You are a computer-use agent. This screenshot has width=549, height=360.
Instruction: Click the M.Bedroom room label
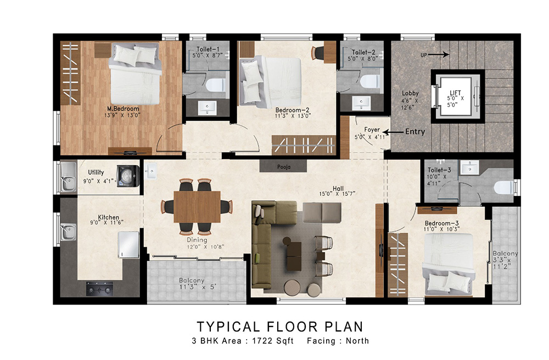[123, 109]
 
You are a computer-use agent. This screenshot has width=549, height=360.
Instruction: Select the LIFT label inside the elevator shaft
[455, 93]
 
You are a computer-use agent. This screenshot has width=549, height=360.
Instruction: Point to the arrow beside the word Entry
[393, 132]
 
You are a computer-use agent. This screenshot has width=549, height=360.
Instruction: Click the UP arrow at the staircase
[439, 54]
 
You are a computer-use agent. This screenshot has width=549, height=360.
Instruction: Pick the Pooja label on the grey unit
[284, 167]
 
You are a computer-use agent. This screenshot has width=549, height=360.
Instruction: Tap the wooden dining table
[197, 206]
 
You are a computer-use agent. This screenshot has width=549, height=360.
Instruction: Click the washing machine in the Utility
[128, 176]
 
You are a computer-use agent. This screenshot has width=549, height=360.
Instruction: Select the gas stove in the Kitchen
[100, 289]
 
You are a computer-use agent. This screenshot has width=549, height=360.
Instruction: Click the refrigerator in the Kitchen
[128, 245]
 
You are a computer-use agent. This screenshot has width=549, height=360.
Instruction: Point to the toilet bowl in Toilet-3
[504, 188]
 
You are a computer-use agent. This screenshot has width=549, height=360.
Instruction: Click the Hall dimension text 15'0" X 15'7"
[337, 194]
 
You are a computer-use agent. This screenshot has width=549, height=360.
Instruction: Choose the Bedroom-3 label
[441, 223]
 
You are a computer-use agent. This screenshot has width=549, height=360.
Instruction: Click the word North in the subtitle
[357, 341]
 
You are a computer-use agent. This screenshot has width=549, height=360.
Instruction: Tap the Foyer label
[372, 130]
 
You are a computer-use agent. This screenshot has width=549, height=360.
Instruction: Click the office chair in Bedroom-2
[318, 53]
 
